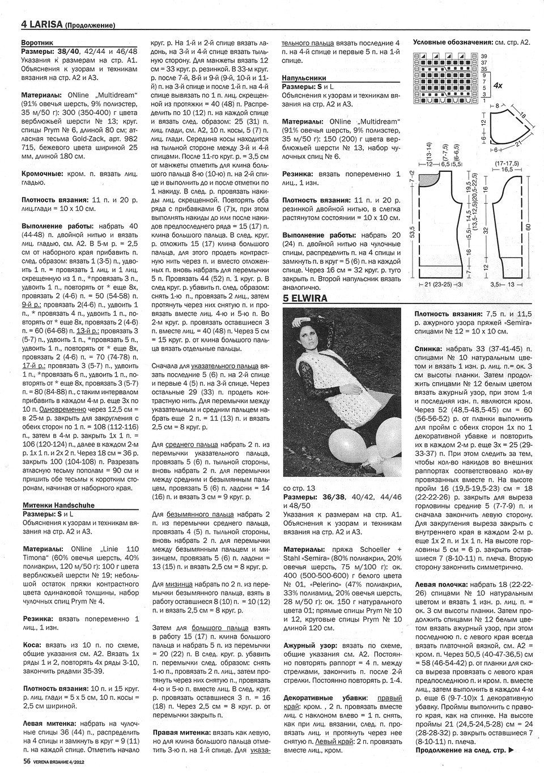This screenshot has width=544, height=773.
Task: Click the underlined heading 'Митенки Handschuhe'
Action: pyautogui.click(x=58, y=504)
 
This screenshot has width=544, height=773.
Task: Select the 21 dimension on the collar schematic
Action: pyautogui.click(x=517, y=145)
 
